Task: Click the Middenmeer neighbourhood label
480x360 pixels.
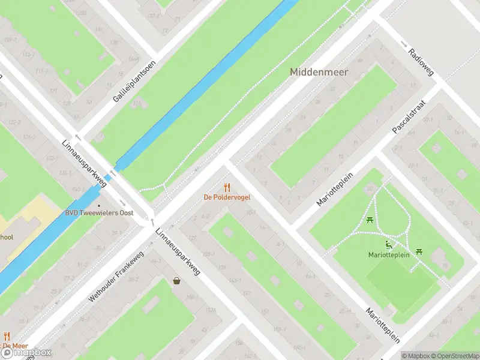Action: click(x=319, y=71)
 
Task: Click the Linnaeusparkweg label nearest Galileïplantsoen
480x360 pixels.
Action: click(x=84, y=164)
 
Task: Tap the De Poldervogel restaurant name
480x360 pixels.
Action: click(x=227, y=197)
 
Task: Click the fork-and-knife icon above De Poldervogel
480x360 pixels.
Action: click(x=227, y=187)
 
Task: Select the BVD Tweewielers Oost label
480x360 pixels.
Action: click(x=100, y=212)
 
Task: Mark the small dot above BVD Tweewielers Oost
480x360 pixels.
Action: click(x=100, y=204)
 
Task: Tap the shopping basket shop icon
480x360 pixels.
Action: click(x=177, y=280)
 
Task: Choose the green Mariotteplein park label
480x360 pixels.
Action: click(x=389, y=255)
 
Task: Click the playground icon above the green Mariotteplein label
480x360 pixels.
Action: click(x=389, y=245)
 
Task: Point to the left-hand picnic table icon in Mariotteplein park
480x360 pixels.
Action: click(x=370, y=220)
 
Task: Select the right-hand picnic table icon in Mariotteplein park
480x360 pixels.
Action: click(x=419, y=251)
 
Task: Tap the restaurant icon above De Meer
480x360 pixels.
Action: click(x=7, y=336)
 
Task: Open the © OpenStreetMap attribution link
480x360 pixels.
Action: click(x=452, y=355)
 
